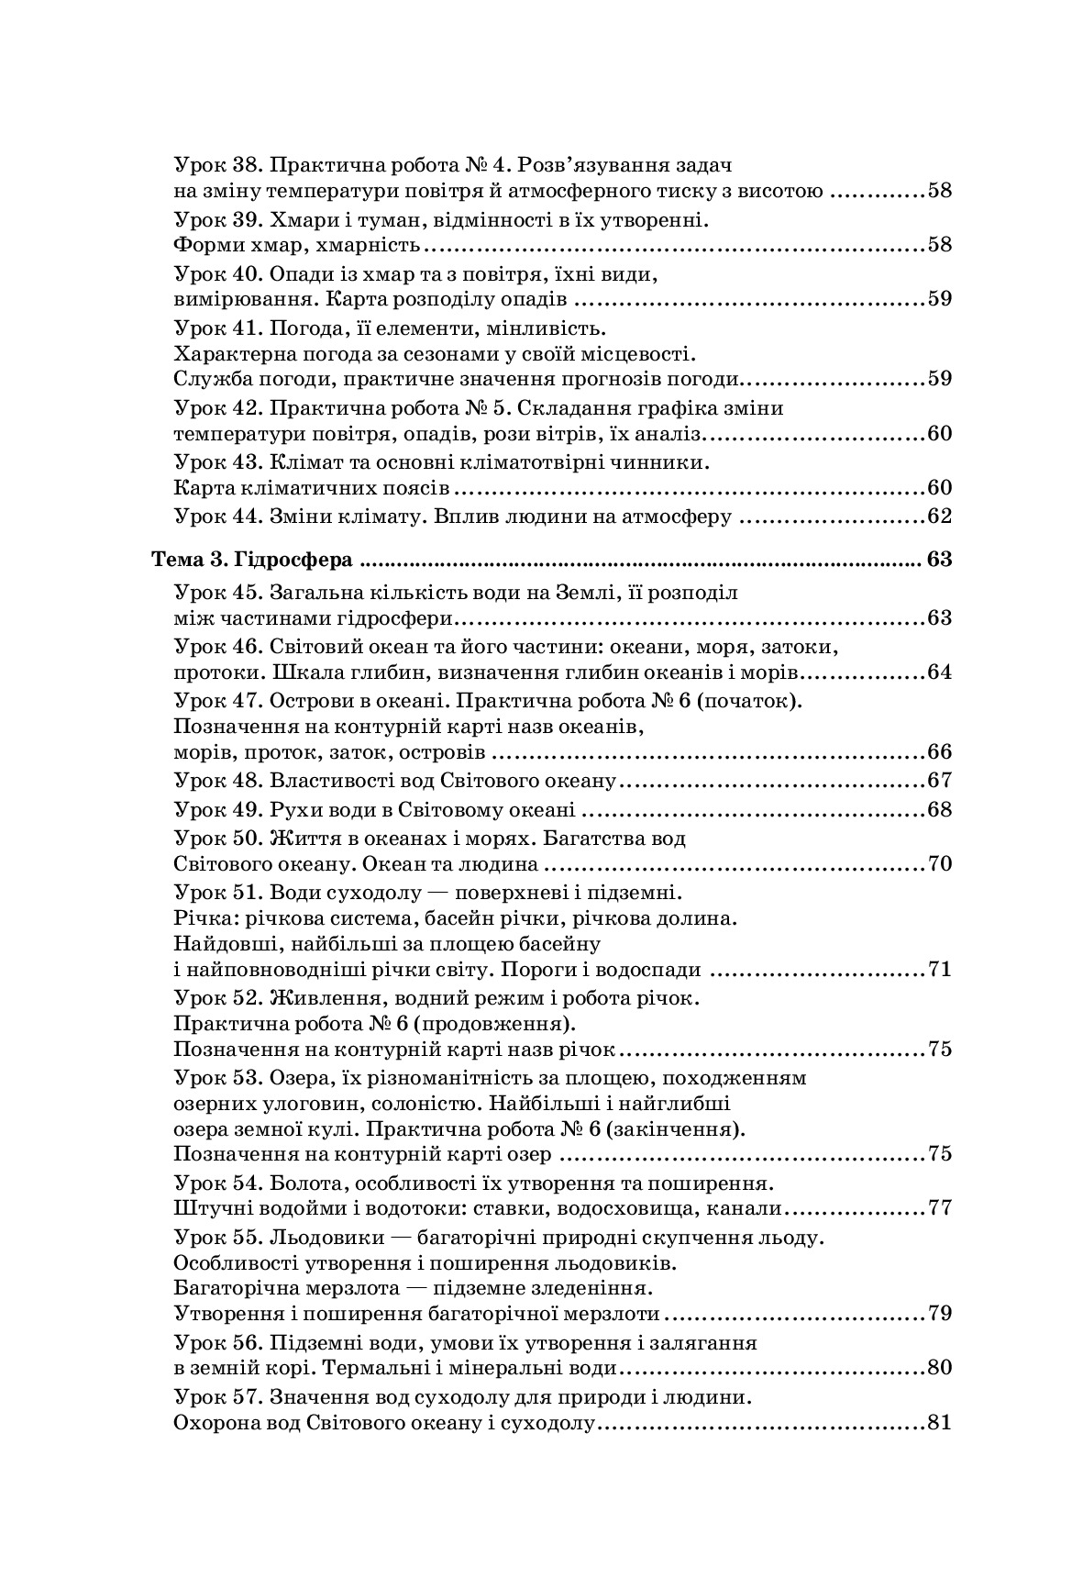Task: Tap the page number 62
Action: click(x=940, y=517)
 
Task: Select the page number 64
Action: click(x=940, y=672)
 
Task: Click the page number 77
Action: click(x=940, y=1207)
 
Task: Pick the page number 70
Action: click(x=940, y=864)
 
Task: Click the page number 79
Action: click(x=940, y=1314)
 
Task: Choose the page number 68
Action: click(x=940, y=810)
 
